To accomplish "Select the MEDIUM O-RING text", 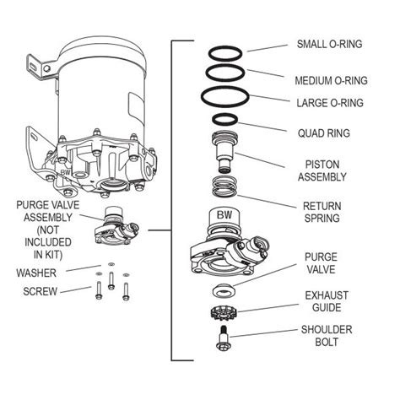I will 330,81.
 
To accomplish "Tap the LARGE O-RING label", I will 330,102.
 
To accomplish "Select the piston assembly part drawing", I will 224,151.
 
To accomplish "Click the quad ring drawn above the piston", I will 226,118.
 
